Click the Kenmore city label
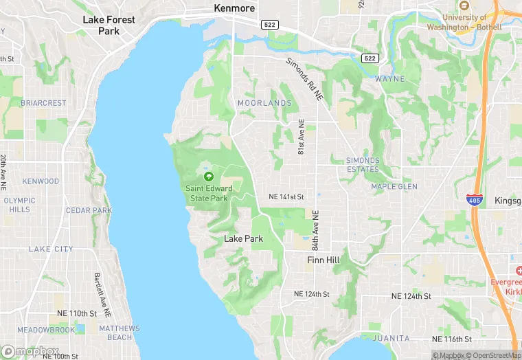click(x=234, y=8)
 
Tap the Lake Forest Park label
click(x=109, y=25)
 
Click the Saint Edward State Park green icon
click(x=209, y=177)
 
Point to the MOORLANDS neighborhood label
click(x=264, y=103)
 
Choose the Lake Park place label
click(x=244, y=238)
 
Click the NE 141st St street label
click(x=285, y=197)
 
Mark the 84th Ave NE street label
click(x=315, y=230)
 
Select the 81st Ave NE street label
click(x=301, y=137)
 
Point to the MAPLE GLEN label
click(x=394, y=186)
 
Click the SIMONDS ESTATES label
click(x=363, y=165)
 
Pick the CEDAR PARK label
click(x=89, y=210)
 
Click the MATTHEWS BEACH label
click(x=120, y=333)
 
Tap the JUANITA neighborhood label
click(x=391, y=338)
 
